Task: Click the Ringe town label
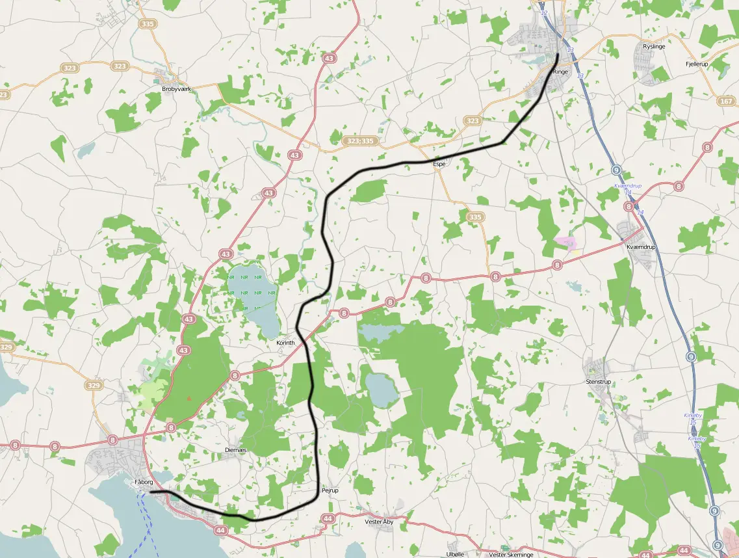pos(560,72)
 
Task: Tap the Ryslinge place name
pos(654,47)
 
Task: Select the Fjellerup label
pos(697,64)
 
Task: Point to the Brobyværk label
pos(176,88)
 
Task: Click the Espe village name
pos(439,164)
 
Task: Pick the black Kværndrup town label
pos(641,247)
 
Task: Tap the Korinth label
pos(285,343)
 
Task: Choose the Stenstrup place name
pos(598,382)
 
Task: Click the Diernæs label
pos(235,450)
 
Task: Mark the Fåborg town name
pos(143,482)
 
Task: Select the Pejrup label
pos(330,490)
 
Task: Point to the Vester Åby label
pos(379,522)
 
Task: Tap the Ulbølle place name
pos(456,554)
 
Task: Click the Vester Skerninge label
pos(511,555)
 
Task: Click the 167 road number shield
pos(726,101)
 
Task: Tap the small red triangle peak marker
pos(189,398)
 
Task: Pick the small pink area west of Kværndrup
pos(565,243)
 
